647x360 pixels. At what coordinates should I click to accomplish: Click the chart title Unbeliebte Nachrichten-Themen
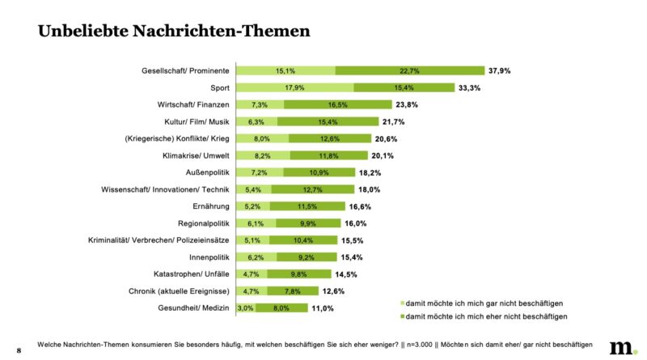(x=163, y=32)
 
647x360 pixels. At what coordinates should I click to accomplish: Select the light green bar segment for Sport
(x=294, y=87)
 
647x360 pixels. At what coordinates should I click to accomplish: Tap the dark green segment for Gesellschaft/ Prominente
(x=410, y=70)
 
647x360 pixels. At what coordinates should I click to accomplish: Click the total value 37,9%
(x=498, y=70)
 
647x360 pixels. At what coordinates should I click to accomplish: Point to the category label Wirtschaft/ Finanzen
(x=193, y=104)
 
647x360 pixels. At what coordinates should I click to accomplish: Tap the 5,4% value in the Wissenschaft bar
(x=254, y=189)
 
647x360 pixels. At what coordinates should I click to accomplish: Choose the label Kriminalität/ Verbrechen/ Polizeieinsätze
(x=159, y=240)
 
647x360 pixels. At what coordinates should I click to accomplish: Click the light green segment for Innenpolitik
(x=254, y=257)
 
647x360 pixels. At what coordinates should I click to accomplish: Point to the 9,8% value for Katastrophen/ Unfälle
(x=298, y=274)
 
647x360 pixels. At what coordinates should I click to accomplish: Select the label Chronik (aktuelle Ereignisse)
(x=179, y=291)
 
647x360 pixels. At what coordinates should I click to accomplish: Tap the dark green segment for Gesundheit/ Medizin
(x=281, y=308)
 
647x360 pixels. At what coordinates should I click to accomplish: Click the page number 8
(x=17, y=349)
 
